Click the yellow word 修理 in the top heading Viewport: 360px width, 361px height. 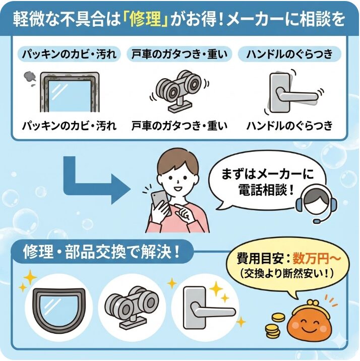click(152, 20)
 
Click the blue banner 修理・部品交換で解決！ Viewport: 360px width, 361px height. click(101, 252)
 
